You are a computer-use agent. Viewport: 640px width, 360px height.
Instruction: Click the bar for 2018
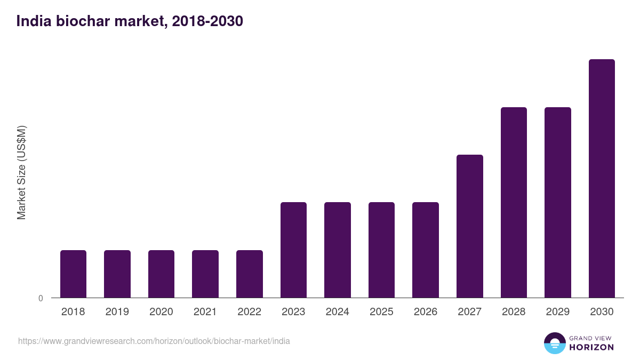73,274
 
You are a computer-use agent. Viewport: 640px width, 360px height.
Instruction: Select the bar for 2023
293,250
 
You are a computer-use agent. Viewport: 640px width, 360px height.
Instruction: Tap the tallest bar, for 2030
602,178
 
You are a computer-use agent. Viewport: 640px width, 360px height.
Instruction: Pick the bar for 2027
470,226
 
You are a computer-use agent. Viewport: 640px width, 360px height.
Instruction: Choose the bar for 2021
205,274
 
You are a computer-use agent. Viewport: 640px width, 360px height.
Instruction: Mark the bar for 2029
558,202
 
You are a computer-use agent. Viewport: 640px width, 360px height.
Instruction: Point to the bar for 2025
381,250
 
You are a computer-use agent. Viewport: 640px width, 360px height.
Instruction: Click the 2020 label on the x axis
161,312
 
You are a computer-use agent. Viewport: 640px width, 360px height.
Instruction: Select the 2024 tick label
338,312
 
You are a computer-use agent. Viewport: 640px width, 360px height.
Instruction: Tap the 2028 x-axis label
514,312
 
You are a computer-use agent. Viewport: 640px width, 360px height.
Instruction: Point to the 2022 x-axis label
249,312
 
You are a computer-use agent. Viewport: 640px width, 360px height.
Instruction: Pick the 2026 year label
426,312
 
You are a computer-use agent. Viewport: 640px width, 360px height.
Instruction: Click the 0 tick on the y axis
41,299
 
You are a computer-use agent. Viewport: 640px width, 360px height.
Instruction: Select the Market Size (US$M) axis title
21,173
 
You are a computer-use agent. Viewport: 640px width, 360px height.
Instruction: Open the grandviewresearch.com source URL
154,341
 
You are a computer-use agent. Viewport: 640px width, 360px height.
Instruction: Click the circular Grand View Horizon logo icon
555,343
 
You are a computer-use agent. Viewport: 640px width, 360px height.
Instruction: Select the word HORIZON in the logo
591,347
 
